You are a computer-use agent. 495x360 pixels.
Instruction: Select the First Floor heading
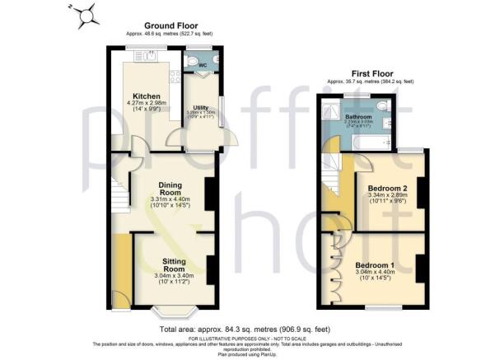[x=370, y=74]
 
